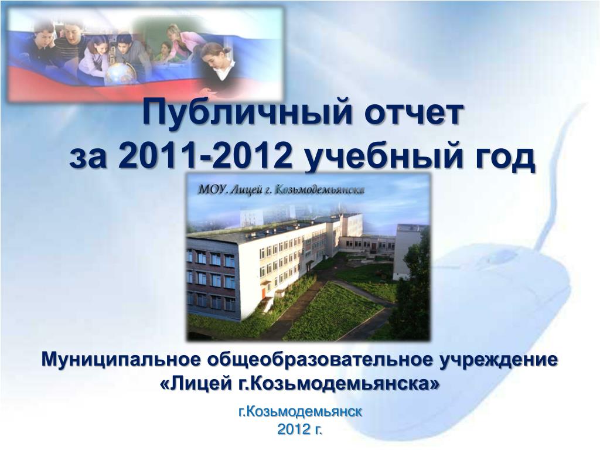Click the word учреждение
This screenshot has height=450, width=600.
[x=498, y=360]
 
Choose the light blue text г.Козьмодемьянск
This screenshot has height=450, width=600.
[x=299, y=412]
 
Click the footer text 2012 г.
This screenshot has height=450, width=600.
[x=299, y=429]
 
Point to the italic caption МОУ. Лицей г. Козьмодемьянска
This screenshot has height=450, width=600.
[x=281, y=190]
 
